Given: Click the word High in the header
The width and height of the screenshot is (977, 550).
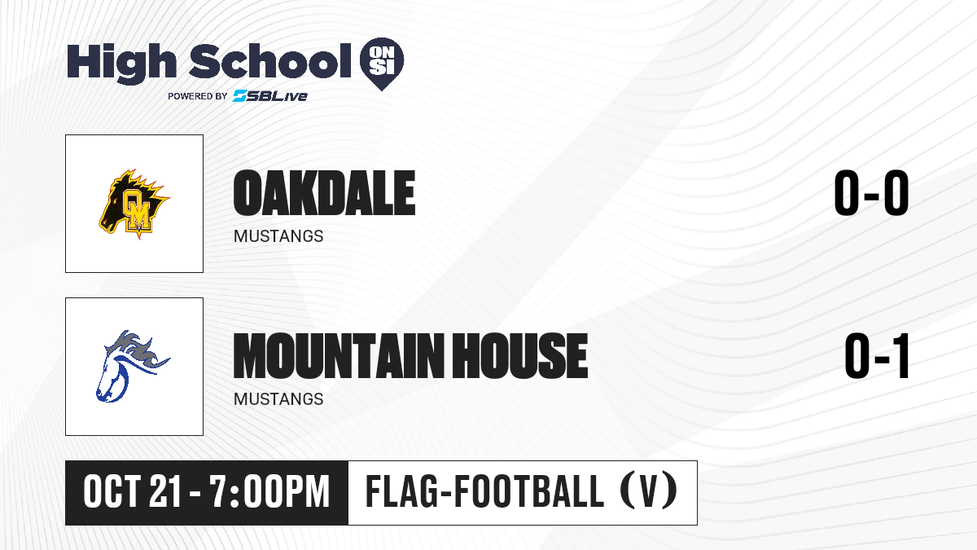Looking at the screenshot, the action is [121, 63].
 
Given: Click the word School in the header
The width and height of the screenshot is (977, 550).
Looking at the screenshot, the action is [270, 60].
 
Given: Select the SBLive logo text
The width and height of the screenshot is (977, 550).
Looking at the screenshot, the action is [270, 96].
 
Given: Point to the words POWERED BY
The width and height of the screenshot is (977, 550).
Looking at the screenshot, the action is [197, 96].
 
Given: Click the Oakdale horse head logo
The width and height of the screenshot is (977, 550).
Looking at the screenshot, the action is [134, 204].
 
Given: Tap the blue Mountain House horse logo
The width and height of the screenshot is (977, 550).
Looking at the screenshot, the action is [133, 366].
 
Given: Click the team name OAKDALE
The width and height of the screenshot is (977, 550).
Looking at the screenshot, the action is [324, 193].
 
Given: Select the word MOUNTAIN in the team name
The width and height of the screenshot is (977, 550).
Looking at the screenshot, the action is [338, 355].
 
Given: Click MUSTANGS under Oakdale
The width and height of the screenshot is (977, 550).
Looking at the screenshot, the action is [278, 236].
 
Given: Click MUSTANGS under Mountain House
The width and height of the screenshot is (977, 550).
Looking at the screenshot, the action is [278, 399].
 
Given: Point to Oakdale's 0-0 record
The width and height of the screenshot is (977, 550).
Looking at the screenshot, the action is [871, 192].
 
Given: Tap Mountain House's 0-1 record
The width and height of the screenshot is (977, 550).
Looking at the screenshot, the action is [877, 356].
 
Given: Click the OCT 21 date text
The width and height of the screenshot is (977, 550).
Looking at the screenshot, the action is [132, 492].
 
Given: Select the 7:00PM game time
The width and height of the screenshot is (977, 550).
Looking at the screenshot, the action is [269, 492].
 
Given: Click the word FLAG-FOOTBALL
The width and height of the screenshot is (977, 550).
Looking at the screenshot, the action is [484, 491].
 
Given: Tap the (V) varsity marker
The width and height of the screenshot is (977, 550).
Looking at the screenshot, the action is [649, 491].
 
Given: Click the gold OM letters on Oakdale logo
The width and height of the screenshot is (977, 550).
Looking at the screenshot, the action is [137, 210].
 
